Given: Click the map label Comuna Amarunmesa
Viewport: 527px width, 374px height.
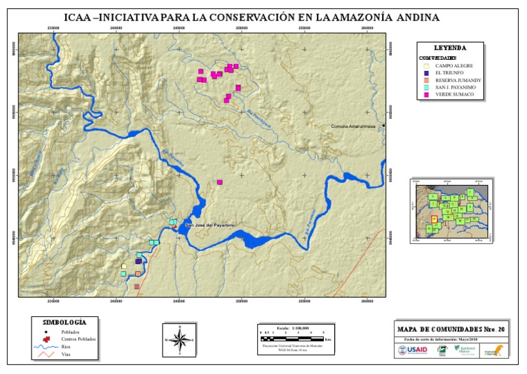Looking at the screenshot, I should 356,126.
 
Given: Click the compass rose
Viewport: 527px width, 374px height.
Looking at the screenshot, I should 180,339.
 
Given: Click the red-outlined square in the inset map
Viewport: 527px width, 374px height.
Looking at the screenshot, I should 434,219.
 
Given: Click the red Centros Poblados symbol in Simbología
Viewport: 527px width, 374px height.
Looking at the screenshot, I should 45,340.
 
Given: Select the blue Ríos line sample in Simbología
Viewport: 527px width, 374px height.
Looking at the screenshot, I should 45,348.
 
